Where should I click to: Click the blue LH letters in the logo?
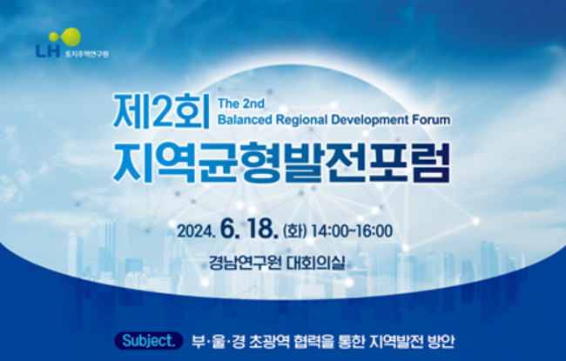48,50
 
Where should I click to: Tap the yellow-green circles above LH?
65,37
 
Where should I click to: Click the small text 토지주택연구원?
86,54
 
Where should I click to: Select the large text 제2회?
161,111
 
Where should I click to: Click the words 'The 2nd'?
241,104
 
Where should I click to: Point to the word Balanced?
245,119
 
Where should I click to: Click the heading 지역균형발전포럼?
281,163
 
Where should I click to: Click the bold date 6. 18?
249,229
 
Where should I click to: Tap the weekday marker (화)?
295,231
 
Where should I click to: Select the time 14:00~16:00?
352,231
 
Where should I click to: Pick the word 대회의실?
316,263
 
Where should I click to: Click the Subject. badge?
149,340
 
